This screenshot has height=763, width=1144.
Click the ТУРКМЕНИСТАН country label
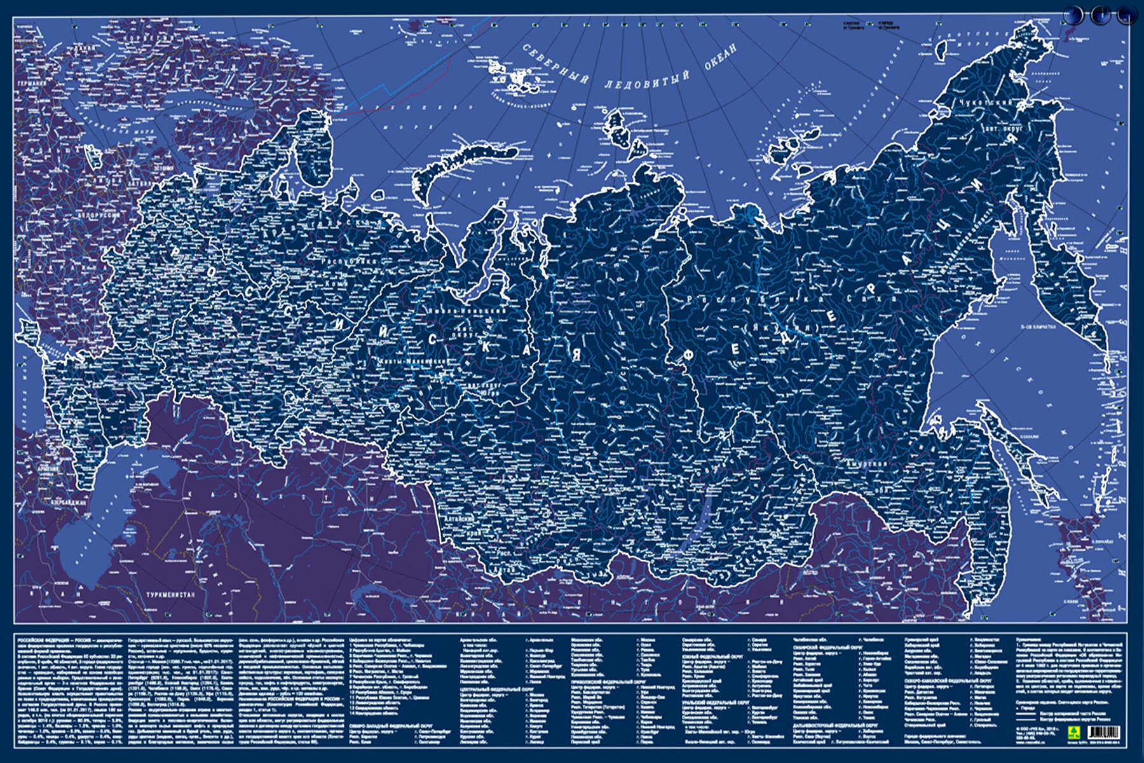170,595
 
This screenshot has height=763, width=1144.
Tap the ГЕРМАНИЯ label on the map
30,83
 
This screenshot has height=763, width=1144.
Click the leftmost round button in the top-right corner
1073,15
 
